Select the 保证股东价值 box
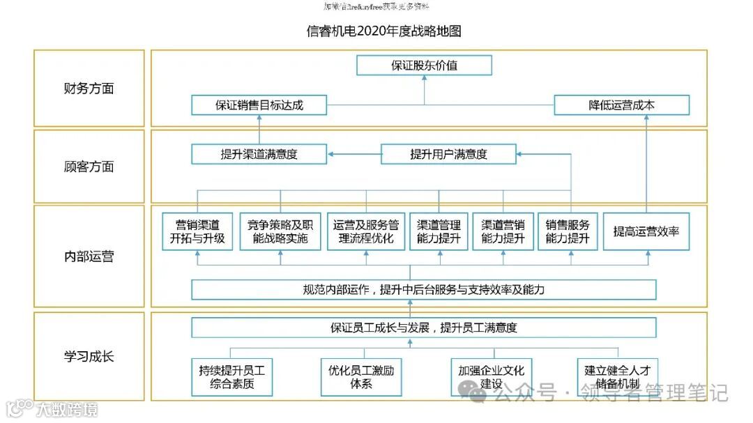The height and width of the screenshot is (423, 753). [424, 66]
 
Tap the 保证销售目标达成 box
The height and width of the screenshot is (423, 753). [259, 106]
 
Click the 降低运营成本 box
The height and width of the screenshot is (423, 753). [621, 106]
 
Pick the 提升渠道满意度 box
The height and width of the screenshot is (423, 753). [259, 154]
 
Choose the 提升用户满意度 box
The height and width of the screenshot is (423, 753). [448, 154]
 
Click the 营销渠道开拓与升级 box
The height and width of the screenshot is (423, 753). [197, 231]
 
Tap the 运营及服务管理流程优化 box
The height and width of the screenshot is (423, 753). [365, 231]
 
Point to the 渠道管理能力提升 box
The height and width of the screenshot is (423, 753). [439, 231]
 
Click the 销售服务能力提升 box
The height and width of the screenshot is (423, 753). [568, 231]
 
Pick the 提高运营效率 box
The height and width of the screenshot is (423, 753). [646, 231]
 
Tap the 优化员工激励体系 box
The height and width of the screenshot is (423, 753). [360, 377]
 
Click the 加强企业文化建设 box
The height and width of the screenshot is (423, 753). [491, 377]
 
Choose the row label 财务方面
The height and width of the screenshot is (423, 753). [89, 89]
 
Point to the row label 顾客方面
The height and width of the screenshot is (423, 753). [89, 167]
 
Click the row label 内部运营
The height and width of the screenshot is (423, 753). [89, 256]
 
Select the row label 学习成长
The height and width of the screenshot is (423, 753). [89, 357]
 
